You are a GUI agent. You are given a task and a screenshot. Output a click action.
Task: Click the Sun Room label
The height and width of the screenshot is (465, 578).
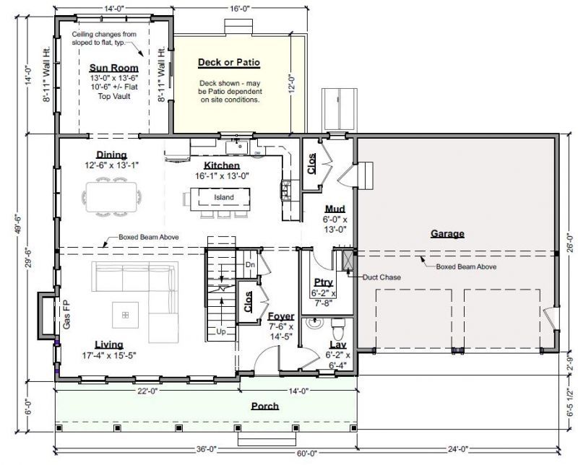pos(114,68)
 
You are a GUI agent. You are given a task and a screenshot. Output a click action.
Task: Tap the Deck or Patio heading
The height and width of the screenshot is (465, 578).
pos(229,62)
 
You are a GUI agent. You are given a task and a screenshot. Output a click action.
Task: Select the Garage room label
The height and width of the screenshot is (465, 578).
pos(447,234)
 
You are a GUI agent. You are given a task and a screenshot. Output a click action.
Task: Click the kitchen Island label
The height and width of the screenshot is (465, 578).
pos(224,197)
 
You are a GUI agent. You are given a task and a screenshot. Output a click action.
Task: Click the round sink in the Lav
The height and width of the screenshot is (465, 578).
pos(314,323)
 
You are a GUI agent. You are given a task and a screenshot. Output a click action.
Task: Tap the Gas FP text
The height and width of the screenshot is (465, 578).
pos(66,315)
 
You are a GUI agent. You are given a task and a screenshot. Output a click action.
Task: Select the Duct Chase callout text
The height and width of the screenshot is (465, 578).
pos(381,277)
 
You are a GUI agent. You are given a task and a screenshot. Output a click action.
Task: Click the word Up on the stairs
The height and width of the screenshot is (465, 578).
pos(221,331)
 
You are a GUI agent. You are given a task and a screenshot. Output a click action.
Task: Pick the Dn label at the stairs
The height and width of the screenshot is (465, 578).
pos(250,264)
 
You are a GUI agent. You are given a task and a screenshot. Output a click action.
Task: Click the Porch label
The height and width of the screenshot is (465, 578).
pos(265,406)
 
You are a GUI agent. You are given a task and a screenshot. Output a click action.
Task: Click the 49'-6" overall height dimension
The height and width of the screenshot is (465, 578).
pos(19,224)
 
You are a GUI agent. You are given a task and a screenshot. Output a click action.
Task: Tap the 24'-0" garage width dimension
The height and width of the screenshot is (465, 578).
pos(457,448)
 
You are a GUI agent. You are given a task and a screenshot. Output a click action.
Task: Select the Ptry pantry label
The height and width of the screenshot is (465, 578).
pos(323,282)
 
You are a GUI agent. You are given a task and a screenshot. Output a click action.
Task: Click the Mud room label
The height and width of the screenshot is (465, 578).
pos(335,209)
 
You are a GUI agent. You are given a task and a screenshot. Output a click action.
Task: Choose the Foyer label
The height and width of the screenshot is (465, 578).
pos(281,316)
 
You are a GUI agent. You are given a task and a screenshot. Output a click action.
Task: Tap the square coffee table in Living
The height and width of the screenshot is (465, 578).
pos(126,315)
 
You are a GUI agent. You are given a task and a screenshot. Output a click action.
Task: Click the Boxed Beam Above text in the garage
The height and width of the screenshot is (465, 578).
pos(466,266)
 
